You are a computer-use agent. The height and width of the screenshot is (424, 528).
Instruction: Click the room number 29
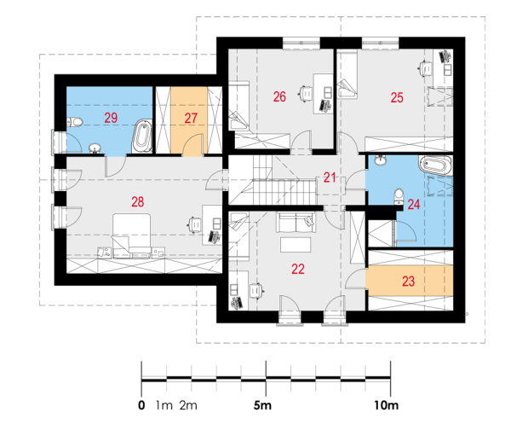(x=111, y=118)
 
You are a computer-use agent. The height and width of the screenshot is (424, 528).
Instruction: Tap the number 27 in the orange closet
(x=191, y=118)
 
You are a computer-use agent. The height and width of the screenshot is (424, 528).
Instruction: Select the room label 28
(x=138, y=201)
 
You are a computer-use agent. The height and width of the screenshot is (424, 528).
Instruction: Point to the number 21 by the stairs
(x=330, y=177)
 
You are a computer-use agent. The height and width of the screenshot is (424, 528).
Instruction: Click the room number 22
(x=298, y=269)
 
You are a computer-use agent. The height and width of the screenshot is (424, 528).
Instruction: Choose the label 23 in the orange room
(x=409, y=281)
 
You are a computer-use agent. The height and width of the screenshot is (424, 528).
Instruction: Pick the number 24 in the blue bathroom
(x=414, y=204)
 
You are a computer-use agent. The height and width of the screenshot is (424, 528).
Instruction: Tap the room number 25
(x=397, y=97)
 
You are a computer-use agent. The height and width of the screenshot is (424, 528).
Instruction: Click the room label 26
(x=279, y=96)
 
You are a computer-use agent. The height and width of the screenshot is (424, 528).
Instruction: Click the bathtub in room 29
(x=142, y=136)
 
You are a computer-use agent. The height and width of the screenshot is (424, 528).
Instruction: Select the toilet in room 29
(x=74, y=121)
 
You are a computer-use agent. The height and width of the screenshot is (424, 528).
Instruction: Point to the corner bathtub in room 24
(x=435, y=166)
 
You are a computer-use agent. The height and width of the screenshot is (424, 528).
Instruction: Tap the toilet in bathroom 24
(x=399, y=196)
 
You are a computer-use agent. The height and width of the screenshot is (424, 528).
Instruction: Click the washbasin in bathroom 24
(x=382, y=160)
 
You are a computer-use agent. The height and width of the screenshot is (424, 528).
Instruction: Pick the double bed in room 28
(x=131, y=235)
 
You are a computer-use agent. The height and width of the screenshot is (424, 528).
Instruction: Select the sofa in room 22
(x=296, y=222)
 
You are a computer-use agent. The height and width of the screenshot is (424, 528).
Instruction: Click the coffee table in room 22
(x=296, y=245)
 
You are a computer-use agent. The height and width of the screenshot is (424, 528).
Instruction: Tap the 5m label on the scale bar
(x=262, y=405)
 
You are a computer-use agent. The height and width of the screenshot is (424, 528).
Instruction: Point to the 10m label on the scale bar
(x=387, y=405)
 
